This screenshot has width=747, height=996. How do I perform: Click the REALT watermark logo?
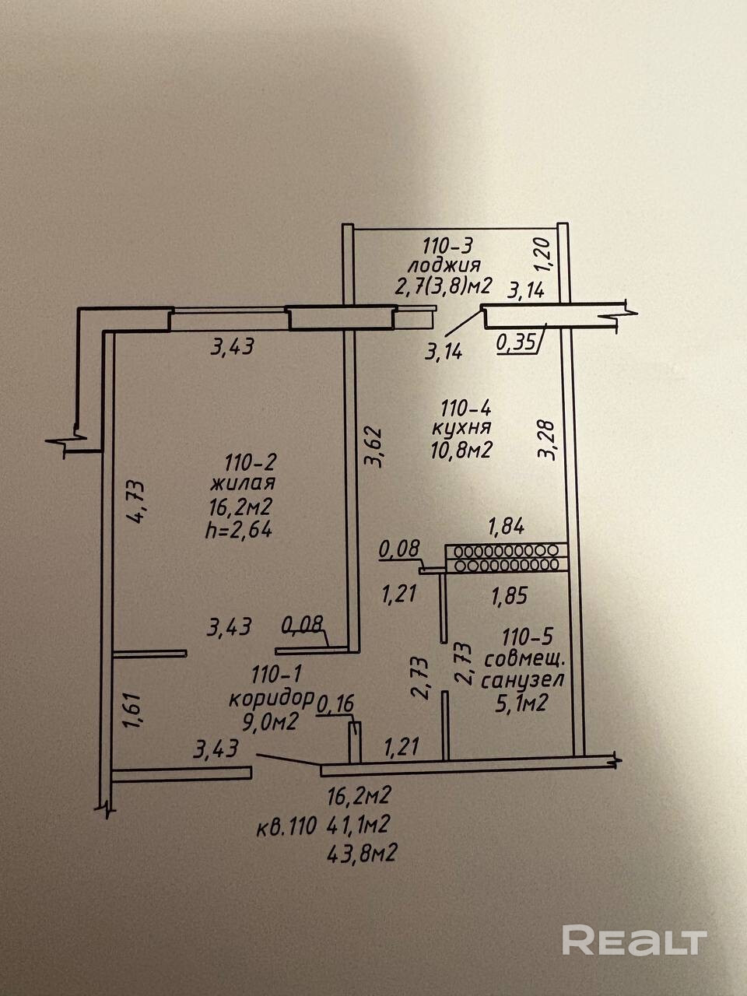(x=633, y=939)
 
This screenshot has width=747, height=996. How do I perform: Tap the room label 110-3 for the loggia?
(x=447, y=247)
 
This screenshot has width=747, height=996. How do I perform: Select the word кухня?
(x=464, y=427)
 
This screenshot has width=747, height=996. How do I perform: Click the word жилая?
(x=242, y=483)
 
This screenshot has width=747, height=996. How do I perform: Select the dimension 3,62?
(x=375, y=444)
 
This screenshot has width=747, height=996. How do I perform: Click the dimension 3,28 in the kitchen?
(x=549, y=440)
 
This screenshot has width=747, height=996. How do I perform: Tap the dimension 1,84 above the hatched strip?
(x=505, y=527)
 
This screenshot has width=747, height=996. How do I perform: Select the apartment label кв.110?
(x=286, y=826)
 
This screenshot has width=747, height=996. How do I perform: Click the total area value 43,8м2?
(x=363, y=853)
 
